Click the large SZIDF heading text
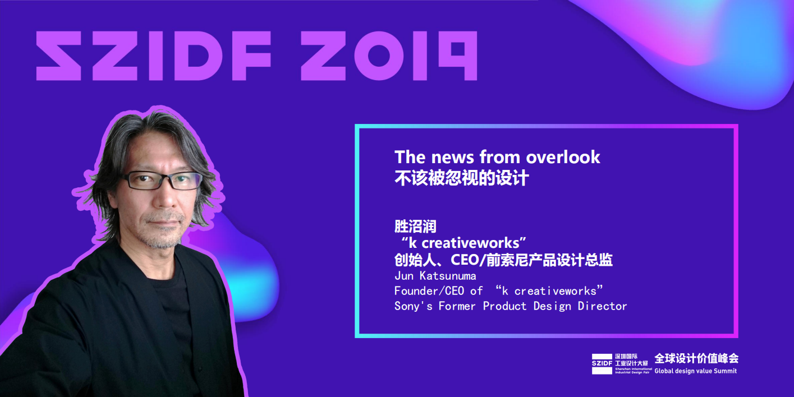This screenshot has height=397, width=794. [x=154, y=56]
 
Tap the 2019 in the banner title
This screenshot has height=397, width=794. [x=389, y=56]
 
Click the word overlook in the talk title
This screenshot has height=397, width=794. [x=563, y=157]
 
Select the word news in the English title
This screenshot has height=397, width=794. [x=452, y=158]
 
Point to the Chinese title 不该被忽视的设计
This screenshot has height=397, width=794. [x=462, y=178]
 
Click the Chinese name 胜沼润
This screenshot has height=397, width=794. [x=415, y=227]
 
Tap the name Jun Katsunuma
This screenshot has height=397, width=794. [x=435, y=275]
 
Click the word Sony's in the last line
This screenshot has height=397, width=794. [x=414, y=306]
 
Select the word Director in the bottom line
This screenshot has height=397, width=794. [x=602, y=306]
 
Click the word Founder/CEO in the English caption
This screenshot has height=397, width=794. [x=429, y=291]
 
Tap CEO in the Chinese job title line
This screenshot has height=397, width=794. [x=465, y=260]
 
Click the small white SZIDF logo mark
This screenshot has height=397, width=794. [x=602, y=364]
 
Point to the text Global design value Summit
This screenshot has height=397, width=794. [x=695, y=371]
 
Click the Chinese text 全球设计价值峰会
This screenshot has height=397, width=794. [x=696, y=358]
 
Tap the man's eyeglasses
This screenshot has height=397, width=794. [x=162, y=180]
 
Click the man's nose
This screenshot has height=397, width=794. [x=166, y=198]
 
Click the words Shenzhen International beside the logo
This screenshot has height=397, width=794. [x=634, y=369]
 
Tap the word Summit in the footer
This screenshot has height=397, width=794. [x=726, y=371]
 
